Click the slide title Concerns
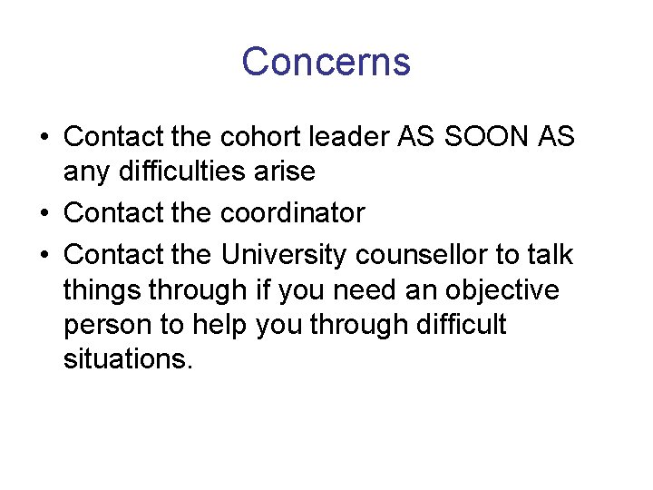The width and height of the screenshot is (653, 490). pyautogui.click(x=326, y=62)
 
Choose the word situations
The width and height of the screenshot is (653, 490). pyautogui.click(x=128, y=358)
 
